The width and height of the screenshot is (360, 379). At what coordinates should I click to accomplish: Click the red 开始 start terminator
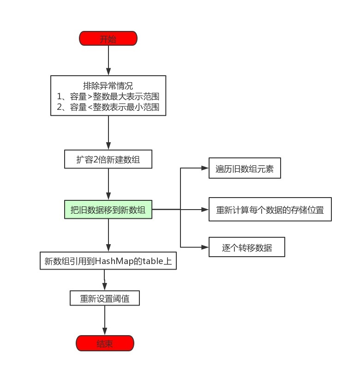pyautogui.click(x=108, y=38)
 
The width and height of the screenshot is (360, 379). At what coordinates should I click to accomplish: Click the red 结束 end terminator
pyautogui.click(x=104, y=343)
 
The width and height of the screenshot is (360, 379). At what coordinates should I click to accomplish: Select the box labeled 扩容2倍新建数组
pyautogui.click(x=108, y=160)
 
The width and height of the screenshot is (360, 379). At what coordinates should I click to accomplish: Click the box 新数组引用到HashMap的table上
pyautogui.click(x=108, y=262)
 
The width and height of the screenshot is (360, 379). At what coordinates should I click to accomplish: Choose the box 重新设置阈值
pyautogui.click(x=104, y=298)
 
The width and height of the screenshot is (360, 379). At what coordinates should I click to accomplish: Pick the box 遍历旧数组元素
pyautogui.click(x=245, y=169)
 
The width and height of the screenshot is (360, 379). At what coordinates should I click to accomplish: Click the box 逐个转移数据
pyautogui.click(x=246, y=247)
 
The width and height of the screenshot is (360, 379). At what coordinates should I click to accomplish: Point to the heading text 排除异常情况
pyautogui.click(x=108, y=86)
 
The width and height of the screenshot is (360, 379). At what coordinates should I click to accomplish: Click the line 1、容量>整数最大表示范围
pyautogui.click(x=108, y=96)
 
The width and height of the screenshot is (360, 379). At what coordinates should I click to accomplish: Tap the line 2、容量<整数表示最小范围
pyautogui.click(x=108, y=107)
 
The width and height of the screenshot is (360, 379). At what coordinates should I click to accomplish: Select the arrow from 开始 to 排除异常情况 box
pyautogui.click(x=108, y=60)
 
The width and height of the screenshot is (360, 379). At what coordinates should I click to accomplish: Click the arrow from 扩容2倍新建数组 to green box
pyautogui.click(x=108, y=185)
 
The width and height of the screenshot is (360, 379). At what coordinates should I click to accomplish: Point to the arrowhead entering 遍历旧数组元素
pyautogui.click(x=206, y=168)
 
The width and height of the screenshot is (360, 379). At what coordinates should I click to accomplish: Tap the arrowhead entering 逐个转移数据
pyautogui.click(x=206, y=247)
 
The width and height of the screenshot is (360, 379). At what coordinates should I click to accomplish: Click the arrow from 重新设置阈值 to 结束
pyautogui.click(x=105, y=320)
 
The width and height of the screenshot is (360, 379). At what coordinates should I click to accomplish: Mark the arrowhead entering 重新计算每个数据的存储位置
pyautogui.click(x=206, y=210)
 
